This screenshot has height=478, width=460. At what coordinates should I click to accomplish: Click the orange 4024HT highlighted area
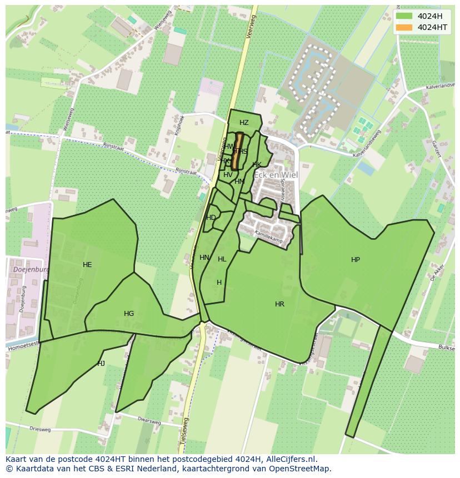click(x=238, y=151)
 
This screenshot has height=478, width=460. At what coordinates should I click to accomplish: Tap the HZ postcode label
click(x=244, y=123)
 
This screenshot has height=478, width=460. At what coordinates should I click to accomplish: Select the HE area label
click(x=87, y=265)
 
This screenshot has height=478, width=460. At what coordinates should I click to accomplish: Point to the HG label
click(x=129, y=314)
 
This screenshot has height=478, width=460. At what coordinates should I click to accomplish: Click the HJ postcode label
click(x=101, y=364)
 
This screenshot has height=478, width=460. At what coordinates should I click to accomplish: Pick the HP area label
click(x=356, y=260)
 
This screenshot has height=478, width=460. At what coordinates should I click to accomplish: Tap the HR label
click(x=279, y=304)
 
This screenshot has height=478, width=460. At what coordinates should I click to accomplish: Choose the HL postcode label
click(x=222, y=259)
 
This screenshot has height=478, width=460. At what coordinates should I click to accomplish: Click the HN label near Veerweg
click(x=204, y=258)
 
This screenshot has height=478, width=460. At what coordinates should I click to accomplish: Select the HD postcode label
click(x=211, y=218)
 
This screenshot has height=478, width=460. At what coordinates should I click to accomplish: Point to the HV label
click(x=228, y=175)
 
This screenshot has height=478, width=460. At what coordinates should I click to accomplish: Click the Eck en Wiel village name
click(x=276, y=175)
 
